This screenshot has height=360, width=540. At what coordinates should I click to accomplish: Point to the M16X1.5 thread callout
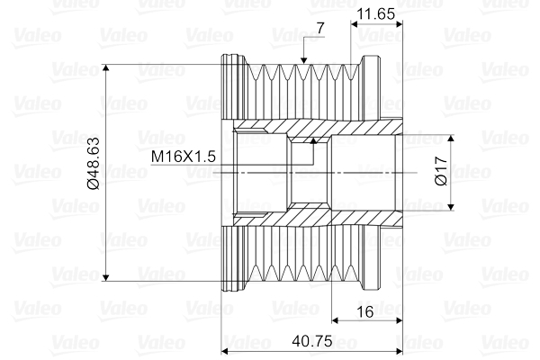click(184, 156)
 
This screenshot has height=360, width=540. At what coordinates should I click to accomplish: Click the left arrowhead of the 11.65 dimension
click(354, 25)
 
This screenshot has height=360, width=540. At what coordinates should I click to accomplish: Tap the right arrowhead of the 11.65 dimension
click(396, 25)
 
